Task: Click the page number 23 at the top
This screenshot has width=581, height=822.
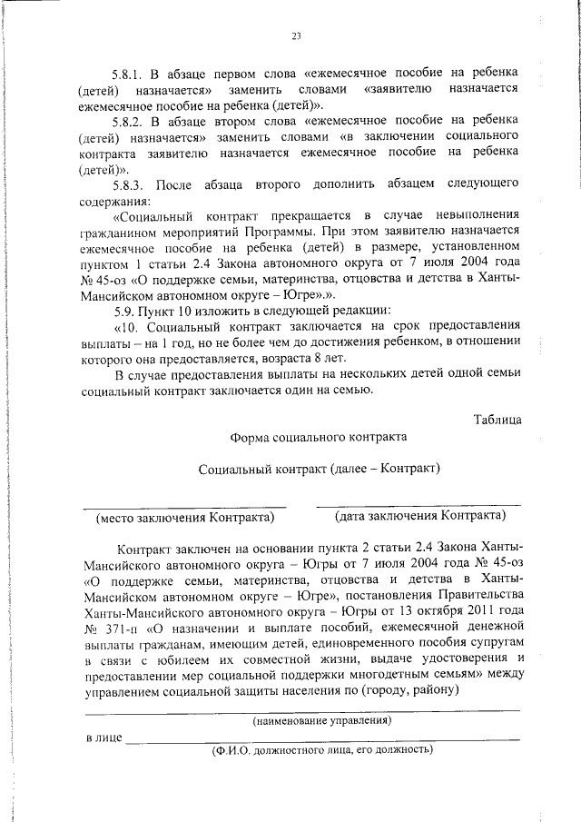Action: [x=296, y=37]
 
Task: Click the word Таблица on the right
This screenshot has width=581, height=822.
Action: [x=497, y=419]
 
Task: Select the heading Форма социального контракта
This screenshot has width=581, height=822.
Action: [x=319, y=436]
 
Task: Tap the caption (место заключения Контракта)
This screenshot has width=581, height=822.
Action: [x=186, y=517]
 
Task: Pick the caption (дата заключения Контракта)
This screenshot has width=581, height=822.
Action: [x=420, y=516]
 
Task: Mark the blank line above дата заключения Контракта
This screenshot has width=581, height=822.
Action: [x=419, y=505]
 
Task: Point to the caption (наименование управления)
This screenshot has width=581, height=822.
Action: [x=322, y=720]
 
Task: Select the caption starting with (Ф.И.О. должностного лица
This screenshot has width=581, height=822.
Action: [x=322, y=750]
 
